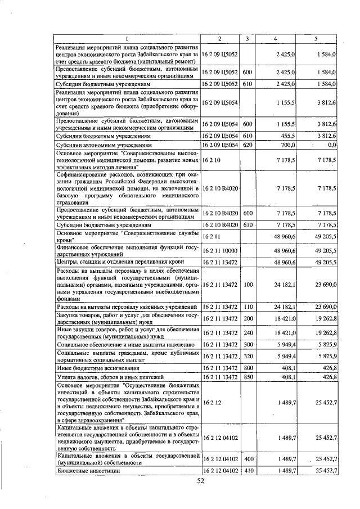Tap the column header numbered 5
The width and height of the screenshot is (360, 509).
coord(316,38)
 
